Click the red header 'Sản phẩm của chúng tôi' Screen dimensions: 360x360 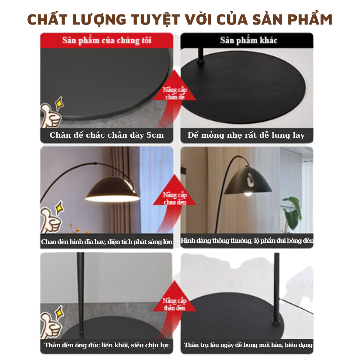click(x=107, y=40)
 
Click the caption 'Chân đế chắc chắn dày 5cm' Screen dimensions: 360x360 click(x=107, y=135)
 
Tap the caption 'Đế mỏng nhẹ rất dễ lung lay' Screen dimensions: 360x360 click(x=246, y=135)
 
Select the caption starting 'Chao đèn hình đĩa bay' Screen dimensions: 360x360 click(x=107, y=241)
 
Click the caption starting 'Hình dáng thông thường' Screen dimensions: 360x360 click(x=247, y=241)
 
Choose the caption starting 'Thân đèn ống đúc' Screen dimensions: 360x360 click(x=107, y=345)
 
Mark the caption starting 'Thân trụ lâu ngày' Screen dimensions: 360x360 click(x=248, y=345)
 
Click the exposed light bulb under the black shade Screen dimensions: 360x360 click(x=248, y=194)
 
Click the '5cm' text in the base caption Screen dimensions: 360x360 click(x=155, y=135)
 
